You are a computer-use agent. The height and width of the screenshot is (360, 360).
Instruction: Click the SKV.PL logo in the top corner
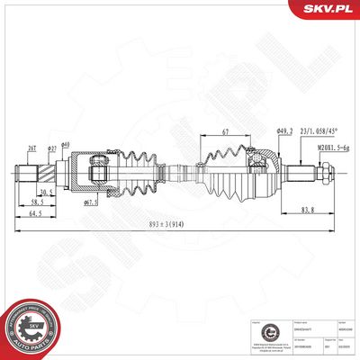(329, 10)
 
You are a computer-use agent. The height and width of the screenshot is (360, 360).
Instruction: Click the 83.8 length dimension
(308, 211)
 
